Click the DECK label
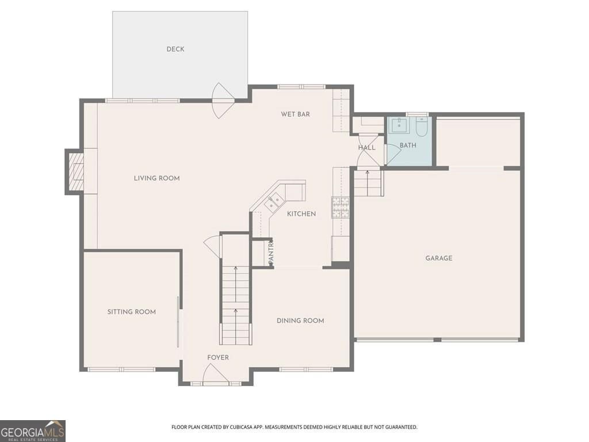tap(175, 49)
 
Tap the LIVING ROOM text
tap(156, 178)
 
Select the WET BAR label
tap(295, 115)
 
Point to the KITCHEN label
tap(301, 214)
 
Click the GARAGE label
tap(438, 258)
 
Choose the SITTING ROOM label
tap(131, 312)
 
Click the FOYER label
tap(218, 358)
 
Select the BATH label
tap(408, 146)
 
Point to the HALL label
tap(366, 148)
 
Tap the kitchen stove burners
tap(339, 208)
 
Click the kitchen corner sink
tap(273, 202)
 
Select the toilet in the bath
tap(422, 127)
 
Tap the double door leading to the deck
tap(223, 101)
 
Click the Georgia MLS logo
tap(33, 430)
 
